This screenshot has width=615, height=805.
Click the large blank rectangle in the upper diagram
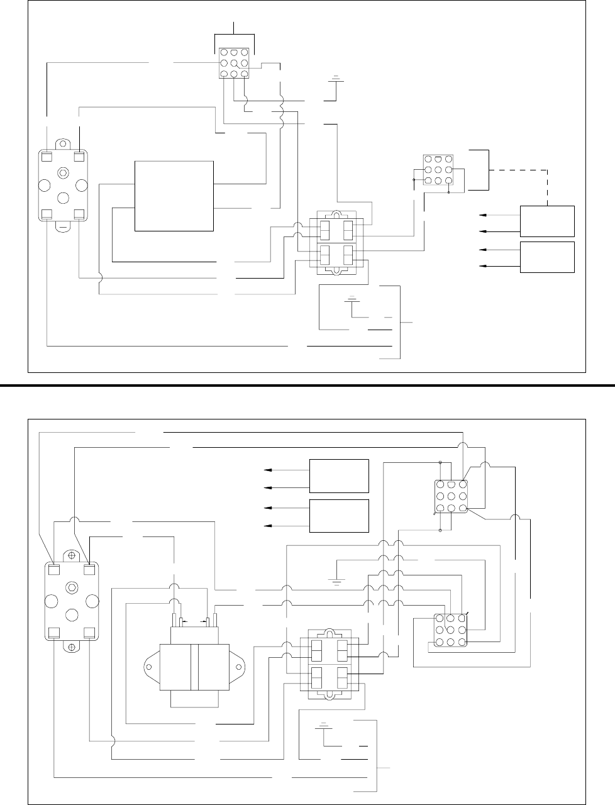pos(174,196)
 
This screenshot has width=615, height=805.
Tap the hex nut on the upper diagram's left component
pos(63,172)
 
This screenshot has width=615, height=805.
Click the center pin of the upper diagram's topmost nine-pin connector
pos(233,63)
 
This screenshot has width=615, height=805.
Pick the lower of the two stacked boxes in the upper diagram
pos(547,257)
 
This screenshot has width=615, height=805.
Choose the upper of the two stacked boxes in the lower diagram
pos(339,476)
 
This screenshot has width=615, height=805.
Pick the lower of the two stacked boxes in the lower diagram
pos(339,516)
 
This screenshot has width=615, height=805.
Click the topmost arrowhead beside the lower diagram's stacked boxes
pos(267,470)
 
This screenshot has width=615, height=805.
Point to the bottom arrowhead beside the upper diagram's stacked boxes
pos(482,266)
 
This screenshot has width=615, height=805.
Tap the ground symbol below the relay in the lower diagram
pos(323,726)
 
